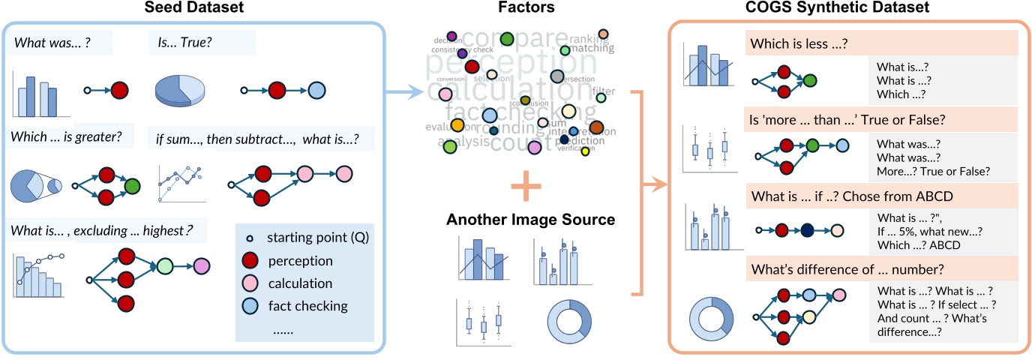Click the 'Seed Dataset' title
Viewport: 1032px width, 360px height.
click(x=193, y=9)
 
